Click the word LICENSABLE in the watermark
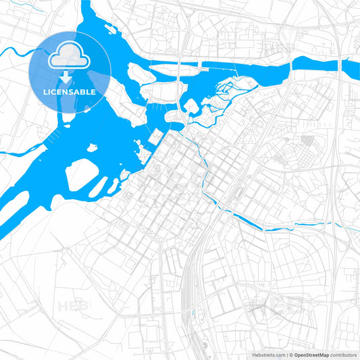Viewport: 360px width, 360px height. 70,92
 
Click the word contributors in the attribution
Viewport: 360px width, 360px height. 343,354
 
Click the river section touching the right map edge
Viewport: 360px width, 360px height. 348,68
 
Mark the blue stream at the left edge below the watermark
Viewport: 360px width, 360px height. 10,154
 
